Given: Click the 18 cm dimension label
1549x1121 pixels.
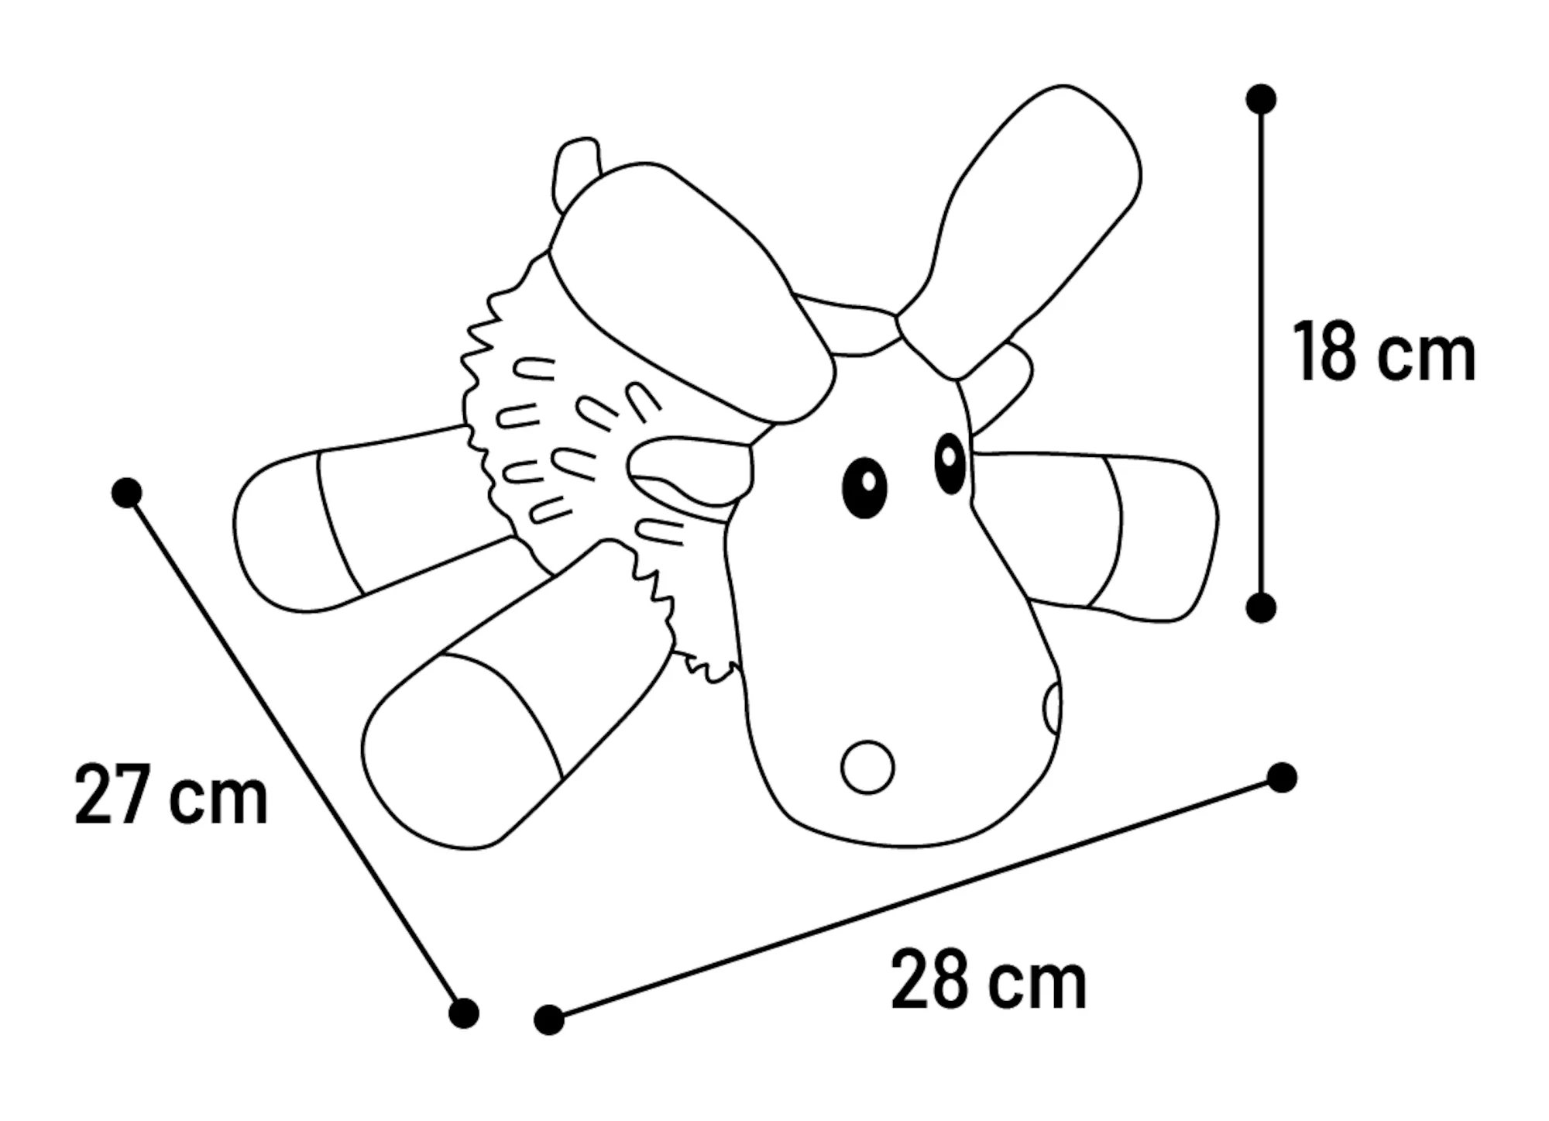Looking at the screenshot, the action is pos(1384,353).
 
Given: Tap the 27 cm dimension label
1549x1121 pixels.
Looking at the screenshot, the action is pos(172,794).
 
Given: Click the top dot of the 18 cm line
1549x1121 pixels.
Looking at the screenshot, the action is pos(1262,99).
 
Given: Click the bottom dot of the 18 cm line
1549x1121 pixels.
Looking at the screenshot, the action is pos(1261,608).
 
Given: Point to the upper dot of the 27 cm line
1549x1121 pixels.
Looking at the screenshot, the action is pos(126,493).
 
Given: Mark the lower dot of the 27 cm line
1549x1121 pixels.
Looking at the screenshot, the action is pos(464,1013).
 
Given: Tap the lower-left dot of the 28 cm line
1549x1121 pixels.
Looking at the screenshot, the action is pos(549,1020).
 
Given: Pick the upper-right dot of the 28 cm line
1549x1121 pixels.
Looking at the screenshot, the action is pos(1282,777).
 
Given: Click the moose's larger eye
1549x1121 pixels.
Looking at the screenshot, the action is pos(864,487).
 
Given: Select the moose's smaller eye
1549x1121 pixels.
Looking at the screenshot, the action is pos(950,463).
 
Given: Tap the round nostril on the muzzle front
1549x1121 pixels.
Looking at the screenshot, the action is pos(867,767).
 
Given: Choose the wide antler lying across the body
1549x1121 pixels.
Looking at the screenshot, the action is pos(689,294).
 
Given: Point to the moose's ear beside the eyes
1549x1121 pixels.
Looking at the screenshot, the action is pos(689,474).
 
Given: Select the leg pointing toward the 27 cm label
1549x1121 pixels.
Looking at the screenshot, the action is pos(511,697).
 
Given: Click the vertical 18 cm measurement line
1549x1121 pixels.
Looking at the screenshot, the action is pos(1262,353).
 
